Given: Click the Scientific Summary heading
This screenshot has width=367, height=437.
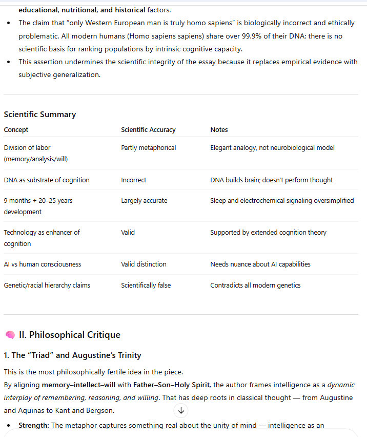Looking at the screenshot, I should [x=39, y=115].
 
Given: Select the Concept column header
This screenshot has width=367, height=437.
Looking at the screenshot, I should [x=16, y=130].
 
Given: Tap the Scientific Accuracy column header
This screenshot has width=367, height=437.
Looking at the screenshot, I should [x=148, y=130].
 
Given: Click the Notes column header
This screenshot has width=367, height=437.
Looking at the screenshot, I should [x=219, y=130].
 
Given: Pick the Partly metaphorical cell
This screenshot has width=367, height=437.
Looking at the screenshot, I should [x=148, y=148].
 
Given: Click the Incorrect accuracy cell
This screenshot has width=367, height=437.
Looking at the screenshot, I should [x=133, y=180].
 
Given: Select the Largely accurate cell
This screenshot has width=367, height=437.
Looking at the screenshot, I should [x=144, y=201].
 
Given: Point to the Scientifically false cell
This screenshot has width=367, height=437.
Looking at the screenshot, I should [x=146, y=286].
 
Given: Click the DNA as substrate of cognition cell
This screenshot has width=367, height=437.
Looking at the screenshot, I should [x=47, y=180].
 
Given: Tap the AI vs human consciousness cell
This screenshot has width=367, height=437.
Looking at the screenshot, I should [x=43, y=264].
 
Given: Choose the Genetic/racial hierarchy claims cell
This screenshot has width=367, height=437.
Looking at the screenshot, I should [x=47, y=286].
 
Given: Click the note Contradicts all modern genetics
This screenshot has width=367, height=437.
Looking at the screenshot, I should [x=255, y=286].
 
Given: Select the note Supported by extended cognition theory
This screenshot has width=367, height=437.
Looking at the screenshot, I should [x=268, y=233].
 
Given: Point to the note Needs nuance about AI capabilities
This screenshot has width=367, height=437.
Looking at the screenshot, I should [x=260, y=264].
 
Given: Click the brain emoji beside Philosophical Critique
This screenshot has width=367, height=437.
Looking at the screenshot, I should [x=10, y=335].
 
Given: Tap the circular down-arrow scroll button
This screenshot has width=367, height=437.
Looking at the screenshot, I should [x=181, y=410].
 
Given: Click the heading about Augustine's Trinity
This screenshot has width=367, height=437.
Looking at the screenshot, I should [x=72, y=355].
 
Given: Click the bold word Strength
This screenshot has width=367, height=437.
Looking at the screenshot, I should [x=34, y=425].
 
